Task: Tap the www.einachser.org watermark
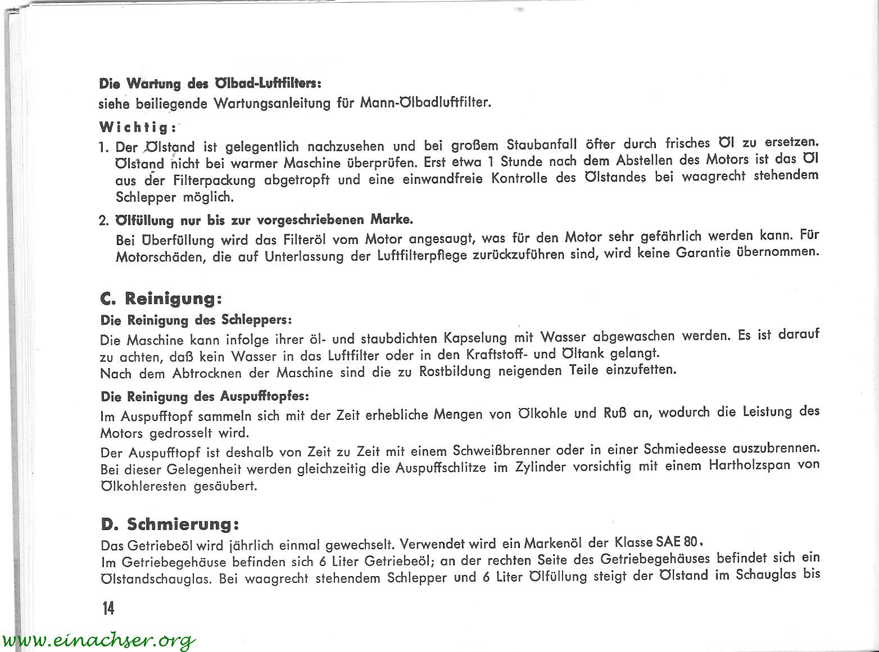point(98,640)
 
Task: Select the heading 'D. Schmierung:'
point(170,524)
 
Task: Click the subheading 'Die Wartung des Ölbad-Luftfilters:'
point(210,84)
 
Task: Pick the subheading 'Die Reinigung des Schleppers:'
point(196,320)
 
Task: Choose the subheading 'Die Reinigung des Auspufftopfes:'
point(205,396)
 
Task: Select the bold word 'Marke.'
point(392,219)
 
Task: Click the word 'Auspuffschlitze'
point(441,468)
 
